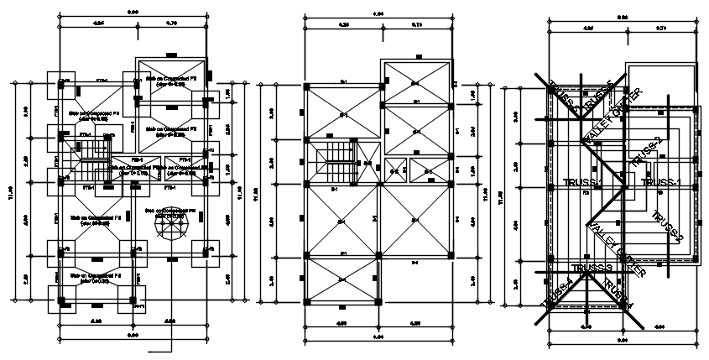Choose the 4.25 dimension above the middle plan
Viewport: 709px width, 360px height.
343,25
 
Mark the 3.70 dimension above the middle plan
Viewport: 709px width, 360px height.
417,25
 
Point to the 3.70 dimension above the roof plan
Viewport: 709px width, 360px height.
659,28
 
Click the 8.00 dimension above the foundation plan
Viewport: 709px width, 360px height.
133,12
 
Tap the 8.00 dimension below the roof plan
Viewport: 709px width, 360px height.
622,339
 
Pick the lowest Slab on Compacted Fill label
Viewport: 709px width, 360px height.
93,278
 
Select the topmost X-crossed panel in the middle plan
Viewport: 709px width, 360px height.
418,82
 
